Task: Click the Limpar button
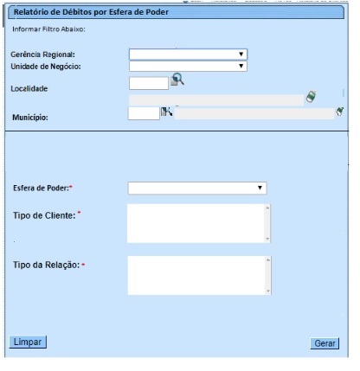28,342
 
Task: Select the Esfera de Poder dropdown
197,187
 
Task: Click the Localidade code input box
147,83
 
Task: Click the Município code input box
144,113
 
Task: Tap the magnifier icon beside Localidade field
177,80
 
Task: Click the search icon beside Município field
167,112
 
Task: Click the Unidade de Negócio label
45,65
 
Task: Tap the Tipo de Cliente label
45,214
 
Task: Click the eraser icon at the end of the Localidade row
310,98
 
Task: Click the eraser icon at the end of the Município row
340,112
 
